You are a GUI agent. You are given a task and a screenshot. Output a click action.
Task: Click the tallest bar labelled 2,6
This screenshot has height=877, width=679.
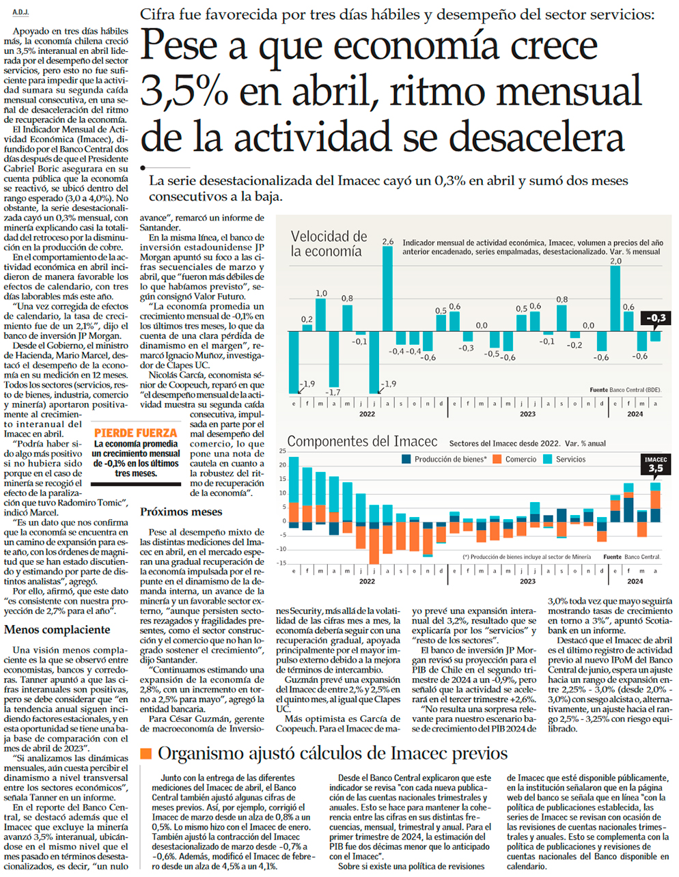(387, 287)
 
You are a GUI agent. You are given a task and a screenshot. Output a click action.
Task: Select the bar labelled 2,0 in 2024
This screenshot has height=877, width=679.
(615, 298)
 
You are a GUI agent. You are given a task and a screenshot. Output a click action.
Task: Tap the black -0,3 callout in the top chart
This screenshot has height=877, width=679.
(655, 318)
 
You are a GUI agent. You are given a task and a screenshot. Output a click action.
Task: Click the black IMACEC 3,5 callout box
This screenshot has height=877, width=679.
(655, 464)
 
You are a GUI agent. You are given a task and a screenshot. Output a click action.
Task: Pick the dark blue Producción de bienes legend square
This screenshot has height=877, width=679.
(407, 460)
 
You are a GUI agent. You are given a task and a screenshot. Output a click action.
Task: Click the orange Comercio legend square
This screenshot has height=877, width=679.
(497, 460)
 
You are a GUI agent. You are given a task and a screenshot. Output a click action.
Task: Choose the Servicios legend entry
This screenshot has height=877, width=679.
(570, 460)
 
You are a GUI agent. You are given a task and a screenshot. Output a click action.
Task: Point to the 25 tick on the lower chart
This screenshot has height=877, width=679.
(282, 451)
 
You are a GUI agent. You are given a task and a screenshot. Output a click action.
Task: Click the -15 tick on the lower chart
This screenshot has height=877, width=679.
(281, 563)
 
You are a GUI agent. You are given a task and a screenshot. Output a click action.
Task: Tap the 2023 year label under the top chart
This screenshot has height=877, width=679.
(527, 414)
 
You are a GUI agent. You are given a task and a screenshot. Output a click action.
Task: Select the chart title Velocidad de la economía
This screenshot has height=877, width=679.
(329, 244)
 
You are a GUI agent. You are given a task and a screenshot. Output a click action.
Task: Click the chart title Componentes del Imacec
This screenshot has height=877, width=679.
(362, 441)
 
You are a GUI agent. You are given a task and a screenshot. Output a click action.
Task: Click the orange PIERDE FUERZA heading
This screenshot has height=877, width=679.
(135, 433)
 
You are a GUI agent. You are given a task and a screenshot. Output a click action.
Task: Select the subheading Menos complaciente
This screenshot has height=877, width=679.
(57, 630)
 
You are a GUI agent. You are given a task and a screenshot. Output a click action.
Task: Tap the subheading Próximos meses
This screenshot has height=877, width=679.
(181, 512)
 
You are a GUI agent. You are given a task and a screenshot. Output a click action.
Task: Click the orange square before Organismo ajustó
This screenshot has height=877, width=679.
(145, 753)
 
